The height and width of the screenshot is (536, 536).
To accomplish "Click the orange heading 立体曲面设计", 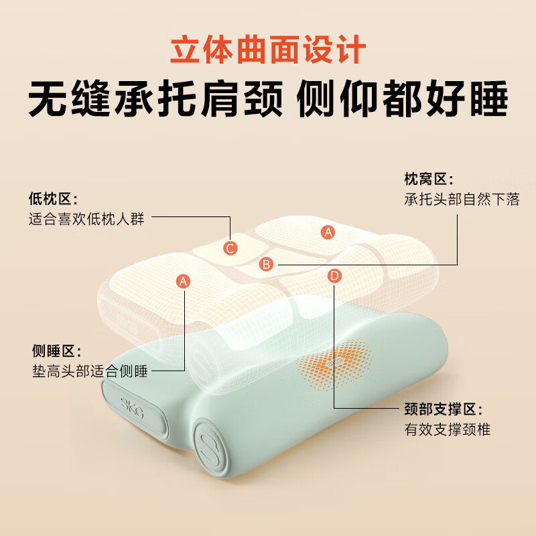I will click(268, 51).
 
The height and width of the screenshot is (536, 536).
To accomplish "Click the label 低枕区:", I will click(54, 199).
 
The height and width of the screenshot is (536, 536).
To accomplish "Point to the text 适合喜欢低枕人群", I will click(86, 218).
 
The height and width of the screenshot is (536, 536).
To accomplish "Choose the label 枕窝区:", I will click(428, 180).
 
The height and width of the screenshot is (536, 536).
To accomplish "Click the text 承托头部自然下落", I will click(462, 200).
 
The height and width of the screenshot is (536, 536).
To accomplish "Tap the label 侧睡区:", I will click(57, 351).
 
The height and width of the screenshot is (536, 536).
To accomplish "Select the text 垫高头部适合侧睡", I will click(90, 371).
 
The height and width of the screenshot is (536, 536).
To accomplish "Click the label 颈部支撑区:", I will click(443, 409).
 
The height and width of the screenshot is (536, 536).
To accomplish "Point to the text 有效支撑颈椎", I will click(447, 429).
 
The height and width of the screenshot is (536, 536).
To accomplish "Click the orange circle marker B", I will click(266, 265).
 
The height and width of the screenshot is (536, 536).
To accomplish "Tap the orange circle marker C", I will click(230, 249).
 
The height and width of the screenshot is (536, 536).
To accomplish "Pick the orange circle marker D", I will click(335, 275).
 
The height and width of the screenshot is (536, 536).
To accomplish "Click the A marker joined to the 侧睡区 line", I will click(184, 281).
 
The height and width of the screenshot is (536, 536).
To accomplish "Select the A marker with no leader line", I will click(328, 232).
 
